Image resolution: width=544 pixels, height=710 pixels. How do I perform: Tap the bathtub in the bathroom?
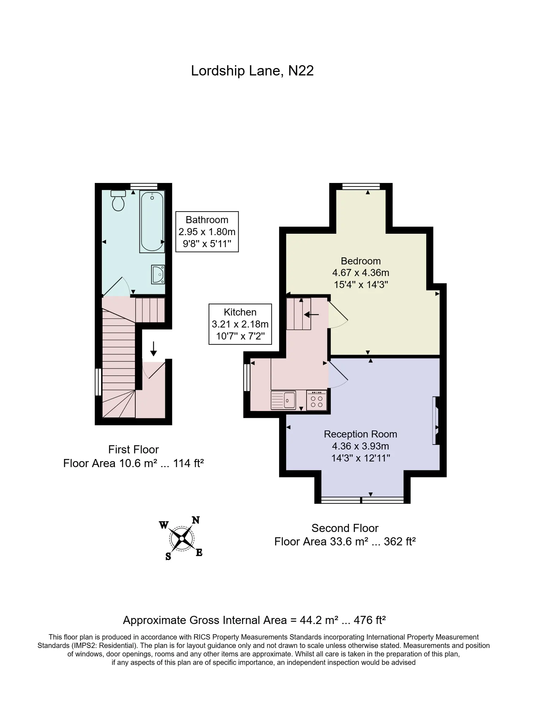[152, 222]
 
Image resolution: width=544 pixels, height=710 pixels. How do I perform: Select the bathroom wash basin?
[158, 274]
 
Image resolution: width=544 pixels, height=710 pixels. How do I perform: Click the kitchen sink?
[283, 400]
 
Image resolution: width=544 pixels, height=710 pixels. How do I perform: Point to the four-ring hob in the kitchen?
[317, 400]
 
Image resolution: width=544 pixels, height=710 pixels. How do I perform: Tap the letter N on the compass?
[196, 520]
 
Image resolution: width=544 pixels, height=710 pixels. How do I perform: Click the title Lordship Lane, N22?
[252, 71]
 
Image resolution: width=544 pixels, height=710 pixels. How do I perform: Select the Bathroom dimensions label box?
[207, 232]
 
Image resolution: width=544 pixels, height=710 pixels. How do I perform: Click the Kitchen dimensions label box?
[240, 324]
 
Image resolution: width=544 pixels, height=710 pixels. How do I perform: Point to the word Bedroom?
[361, 261]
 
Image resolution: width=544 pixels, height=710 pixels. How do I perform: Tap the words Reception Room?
[360, 434]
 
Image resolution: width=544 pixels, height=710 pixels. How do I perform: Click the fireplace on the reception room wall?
[436, 421]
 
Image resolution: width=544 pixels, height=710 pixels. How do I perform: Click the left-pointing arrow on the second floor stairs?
[312, 314]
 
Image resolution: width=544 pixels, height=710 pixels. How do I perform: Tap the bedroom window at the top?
[361, 186]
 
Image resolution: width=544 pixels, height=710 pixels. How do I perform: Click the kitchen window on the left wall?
[247, 377]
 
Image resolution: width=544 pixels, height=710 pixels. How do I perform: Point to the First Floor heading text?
[134, 449]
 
